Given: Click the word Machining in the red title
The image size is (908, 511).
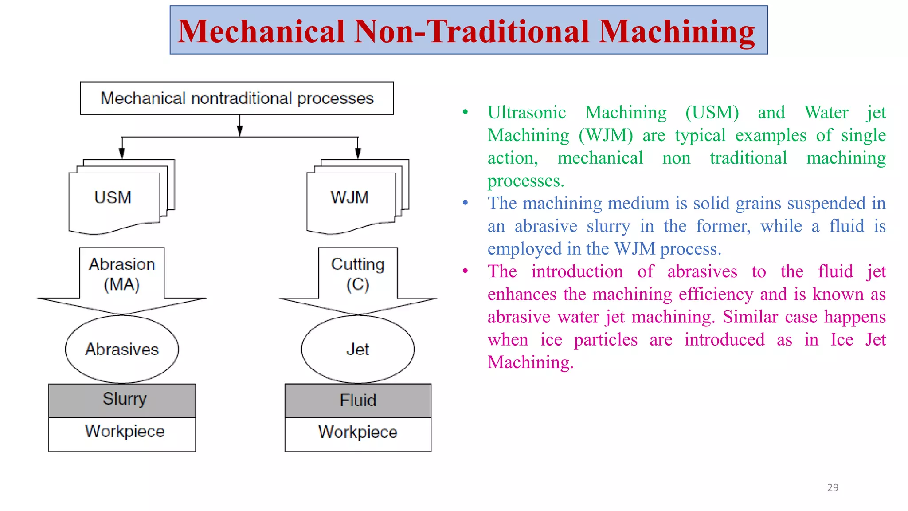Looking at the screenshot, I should [677, 32].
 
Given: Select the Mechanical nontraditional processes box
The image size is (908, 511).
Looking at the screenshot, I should [237, 98].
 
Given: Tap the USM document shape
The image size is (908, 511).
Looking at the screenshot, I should [113, 198].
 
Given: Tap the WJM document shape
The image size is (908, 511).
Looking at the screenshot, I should [350, 198].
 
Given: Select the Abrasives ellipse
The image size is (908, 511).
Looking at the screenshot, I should [122, 350].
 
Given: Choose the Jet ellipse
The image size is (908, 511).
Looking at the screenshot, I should [358, 350].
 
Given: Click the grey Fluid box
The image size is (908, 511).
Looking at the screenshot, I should [358, 401].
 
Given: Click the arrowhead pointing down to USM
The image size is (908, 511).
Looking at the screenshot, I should [122, 153].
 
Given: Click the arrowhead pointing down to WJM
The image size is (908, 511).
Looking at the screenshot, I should [358, 153].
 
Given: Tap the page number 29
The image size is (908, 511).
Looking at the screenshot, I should [833, 487].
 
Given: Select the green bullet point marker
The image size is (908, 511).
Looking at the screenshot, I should [465, 112].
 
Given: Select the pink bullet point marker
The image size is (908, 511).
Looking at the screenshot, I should [465, 271].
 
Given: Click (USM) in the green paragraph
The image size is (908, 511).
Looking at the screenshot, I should [712, 113].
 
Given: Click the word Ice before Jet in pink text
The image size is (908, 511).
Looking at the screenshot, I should [841, 340].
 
